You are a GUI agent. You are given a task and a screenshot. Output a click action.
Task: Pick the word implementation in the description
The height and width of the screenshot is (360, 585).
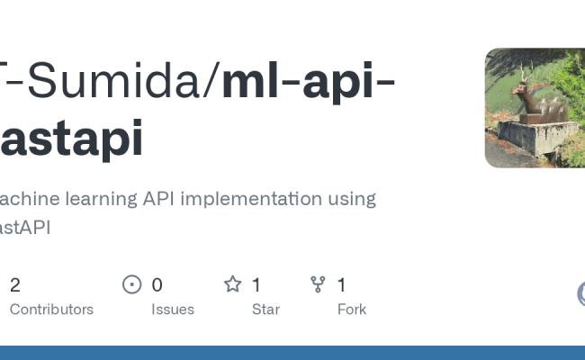point(264,199)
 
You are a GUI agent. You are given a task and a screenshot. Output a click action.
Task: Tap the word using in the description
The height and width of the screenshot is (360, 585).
point(351,199)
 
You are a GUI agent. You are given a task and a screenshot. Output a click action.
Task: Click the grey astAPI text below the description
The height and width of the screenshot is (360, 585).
point(25,228)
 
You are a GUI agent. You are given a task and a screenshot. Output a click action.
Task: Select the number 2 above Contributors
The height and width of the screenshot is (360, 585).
point(15,285)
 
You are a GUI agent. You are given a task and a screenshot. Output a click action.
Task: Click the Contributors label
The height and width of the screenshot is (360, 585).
point(51,310)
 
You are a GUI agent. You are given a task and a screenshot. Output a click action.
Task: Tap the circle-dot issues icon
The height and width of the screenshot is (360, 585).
point(132,285)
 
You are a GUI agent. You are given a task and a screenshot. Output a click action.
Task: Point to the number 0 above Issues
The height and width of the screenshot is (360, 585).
point(157,285)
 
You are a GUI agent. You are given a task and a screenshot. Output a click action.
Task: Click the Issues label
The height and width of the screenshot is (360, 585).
point(173,310)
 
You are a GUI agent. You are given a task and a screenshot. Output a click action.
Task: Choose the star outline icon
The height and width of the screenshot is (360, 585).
point(233,285)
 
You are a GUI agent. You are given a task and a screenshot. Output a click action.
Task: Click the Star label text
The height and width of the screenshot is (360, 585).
point(265,310)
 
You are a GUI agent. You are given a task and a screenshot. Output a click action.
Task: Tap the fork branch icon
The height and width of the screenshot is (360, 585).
point(318,285)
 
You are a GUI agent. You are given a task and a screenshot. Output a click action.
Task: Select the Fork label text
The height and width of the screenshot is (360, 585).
point(351,310)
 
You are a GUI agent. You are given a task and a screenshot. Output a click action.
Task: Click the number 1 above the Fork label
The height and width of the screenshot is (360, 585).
point(342,285)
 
